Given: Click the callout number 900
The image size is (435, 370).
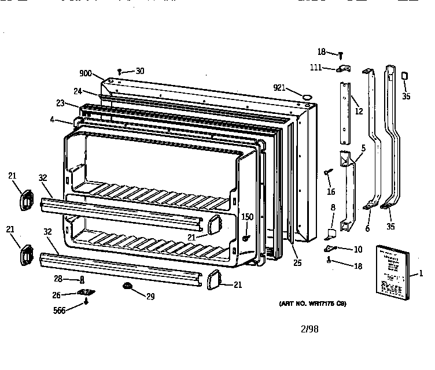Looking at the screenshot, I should click(86, 73).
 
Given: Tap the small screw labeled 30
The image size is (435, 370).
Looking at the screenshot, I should click(119, 71).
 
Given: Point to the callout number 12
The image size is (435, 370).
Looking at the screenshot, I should click(359, 111).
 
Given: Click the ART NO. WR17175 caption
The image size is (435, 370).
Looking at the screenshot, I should click(313, 303).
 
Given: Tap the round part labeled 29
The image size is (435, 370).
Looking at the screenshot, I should click(126, 286).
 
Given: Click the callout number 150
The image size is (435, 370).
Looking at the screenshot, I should click(247, 216).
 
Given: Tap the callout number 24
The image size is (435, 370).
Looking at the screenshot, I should click(78, 91).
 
